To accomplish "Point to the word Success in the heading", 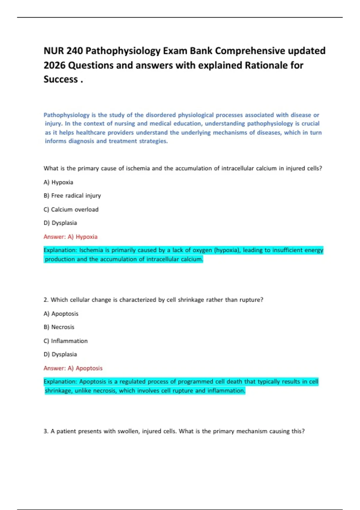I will [61, 79].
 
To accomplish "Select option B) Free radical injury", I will [72, 196].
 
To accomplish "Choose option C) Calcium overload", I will [71, 209].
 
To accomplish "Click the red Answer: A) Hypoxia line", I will [70, 237].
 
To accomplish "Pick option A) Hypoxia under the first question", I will [58, 182].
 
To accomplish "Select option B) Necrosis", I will [59, 327].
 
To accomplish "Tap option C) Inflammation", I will [65, 341].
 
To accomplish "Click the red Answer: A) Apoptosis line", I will [73, 368].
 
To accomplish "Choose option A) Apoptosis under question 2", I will [61, 313].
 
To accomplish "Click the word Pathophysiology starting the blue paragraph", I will [67, 115].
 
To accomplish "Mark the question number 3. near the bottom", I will [46, 431].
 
